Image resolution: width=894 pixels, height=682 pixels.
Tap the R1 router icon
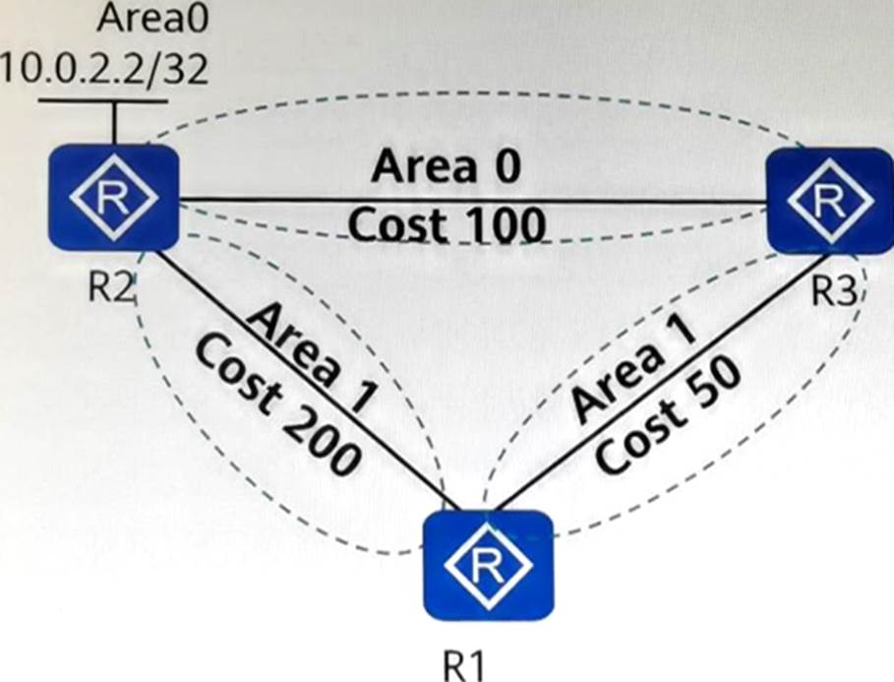(488, 565)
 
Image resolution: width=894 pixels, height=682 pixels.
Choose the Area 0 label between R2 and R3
(446, 167)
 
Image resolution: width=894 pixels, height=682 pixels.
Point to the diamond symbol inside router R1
(488, 565)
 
